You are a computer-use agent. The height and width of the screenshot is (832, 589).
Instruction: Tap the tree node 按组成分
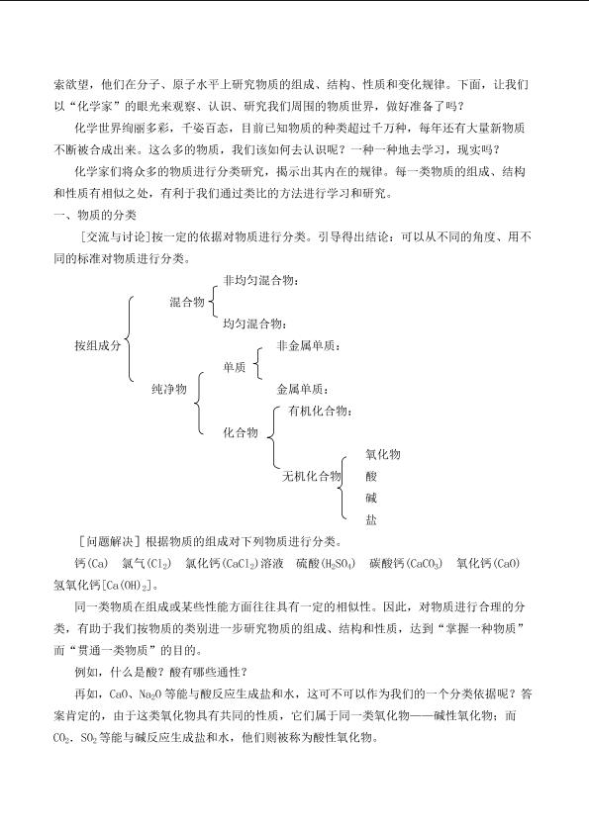tap(97, 345)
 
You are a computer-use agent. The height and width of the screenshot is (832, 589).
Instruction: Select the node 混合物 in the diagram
tap(187, 302)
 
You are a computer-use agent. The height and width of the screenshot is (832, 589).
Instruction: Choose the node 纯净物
tap(169, 389)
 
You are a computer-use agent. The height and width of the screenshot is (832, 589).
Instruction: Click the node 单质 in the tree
tap(235, 367)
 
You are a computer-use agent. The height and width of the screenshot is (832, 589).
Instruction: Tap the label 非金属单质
tap(309, 345)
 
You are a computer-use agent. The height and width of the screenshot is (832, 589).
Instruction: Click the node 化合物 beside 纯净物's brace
tap(241, 432)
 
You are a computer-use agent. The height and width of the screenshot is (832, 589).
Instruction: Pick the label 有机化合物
tap(319, 411)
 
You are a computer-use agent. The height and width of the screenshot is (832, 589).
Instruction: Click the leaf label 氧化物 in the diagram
tap(382, 454)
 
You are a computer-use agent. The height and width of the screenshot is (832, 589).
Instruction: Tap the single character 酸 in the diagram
tap(371, 476)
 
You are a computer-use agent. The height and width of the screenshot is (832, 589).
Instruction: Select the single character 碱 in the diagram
tap(371, 498)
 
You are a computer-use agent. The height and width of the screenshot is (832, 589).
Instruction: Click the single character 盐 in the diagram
tap(371, 519)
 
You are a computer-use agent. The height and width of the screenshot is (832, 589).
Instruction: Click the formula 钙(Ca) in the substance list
tap(86, 563)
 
